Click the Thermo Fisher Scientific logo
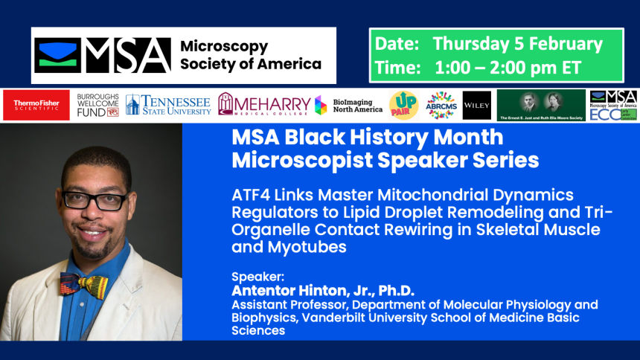coord(36,106)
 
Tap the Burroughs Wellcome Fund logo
coord(97,106)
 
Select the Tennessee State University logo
coord(168,106)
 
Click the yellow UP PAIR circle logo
coord(403,106)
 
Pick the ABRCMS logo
coord(441,106)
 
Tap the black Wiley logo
coord(476,106)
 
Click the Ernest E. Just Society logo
coord(541,106)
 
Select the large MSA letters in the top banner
coord(127,56)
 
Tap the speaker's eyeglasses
coord(95,199)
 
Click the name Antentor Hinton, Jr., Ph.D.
coord(322,290)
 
